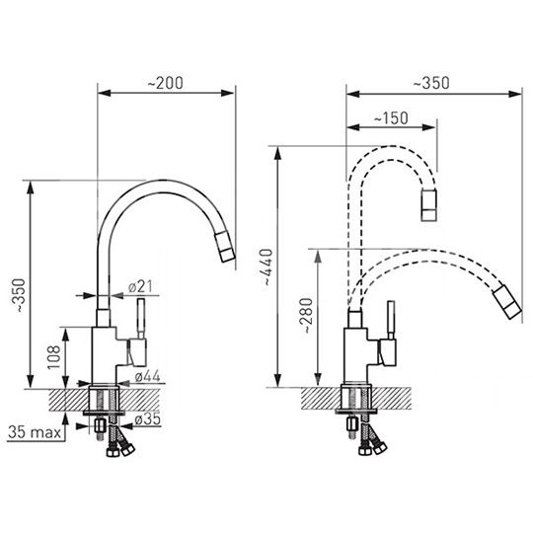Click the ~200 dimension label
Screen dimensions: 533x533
[165, 83]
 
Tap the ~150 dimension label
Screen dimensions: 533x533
[391, 118]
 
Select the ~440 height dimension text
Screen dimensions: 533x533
[266, 267]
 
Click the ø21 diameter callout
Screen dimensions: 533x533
[140, 287]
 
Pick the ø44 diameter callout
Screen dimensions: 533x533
[147, 376]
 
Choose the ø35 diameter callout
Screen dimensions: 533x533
[147, 419]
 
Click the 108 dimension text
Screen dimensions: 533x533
[53, 357]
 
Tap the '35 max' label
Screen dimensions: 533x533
[35, 432]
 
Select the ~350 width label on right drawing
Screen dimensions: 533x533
[431, 83]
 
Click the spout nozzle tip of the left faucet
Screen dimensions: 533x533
[225, 247]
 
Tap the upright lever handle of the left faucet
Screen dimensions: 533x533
[141, 319]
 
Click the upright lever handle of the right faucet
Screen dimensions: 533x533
[391, 320]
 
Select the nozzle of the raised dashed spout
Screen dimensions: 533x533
[428, 205]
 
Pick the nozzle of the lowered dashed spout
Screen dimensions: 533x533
[506, 303]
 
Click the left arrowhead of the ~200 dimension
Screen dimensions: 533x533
[105, 93]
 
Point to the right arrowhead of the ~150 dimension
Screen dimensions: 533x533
[429, 127]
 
